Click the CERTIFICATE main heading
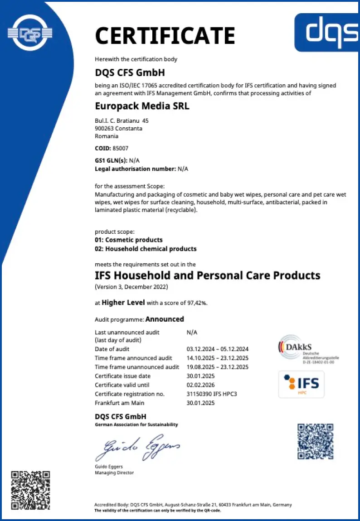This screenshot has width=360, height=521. click(x=165, y=36)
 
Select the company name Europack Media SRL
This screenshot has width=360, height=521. click(x=142, y=107)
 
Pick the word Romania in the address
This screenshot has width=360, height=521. click(x=107, y=136)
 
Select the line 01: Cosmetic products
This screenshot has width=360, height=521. click(x=129, y=240)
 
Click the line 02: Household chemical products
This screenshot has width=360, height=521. click(x=146, y=249)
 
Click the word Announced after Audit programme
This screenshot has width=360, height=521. click(x=165, y=319)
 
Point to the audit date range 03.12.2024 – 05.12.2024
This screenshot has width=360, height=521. click(x=218, y=349)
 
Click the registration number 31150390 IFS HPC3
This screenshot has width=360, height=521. click(x=212, y=394)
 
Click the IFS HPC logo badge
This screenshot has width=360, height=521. click(x=302, y=384)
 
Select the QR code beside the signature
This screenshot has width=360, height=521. click(x=316, y=441)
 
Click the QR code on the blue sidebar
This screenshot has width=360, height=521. click(x=30, y=490)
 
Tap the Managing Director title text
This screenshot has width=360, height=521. click(x=114, y=473)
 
